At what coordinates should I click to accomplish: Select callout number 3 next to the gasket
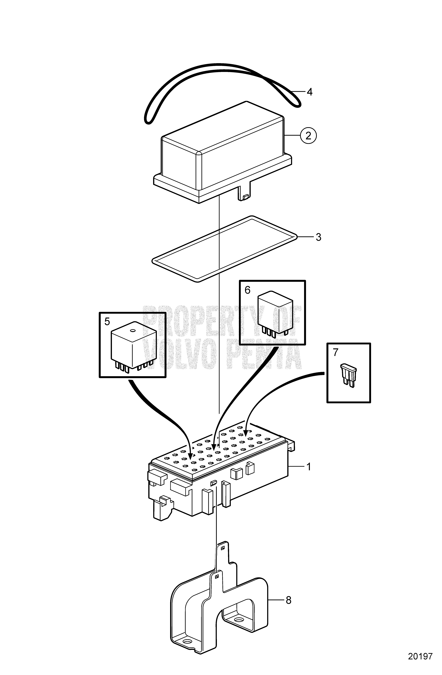tap(318, 237)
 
